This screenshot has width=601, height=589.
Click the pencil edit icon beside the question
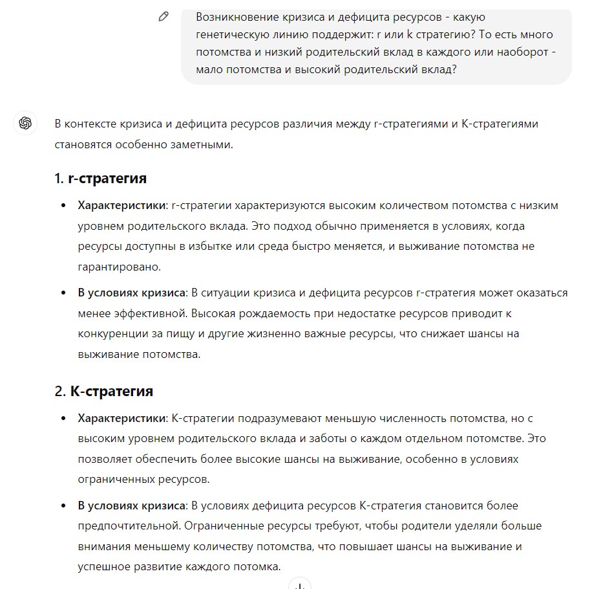point(163,17)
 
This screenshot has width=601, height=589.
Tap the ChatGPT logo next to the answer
point(25,123)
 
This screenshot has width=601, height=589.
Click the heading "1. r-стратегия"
point(101,178)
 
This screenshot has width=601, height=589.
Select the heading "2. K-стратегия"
point(104,391)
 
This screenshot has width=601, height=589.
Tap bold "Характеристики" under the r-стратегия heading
point(122,205)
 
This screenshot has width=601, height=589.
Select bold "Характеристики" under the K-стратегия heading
point(122,418)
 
